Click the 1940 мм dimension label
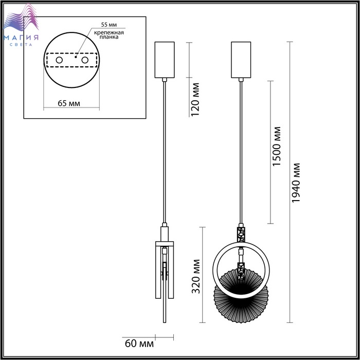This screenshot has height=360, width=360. tap(296, 183)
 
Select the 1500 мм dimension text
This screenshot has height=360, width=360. tap(277, 146)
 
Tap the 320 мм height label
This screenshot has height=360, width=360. tap(196, 276)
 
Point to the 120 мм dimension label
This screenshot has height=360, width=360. tap(195, 99)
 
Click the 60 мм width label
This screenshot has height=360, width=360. tap(139, 344)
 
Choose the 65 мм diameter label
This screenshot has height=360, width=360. tap(69, 103)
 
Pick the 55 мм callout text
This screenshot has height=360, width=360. tap(109, 25)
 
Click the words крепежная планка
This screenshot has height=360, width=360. tap(109, 34)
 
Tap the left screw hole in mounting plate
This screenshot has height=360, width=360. tap(59, 60)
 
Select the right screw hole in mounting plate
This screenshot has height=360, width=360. tap(85, 60)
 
